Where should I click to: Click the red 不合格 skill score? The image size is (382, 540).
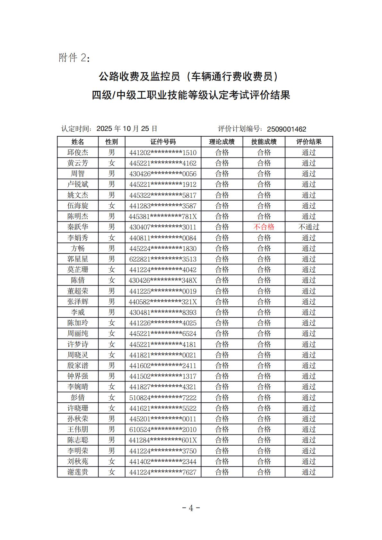tap(264, 227)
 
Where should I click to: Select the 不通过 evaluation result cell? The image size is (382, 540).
tap(309, 227)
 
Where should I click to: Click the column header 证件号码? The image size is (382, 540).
tap(163, 142)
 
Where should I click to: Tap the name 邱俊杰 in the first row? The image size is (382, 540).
tap(78, 152)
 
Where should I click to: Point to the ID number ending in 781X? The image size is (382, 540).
tap(163, 217)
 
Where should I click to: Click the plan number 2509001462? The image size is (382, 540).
tap(287, 129)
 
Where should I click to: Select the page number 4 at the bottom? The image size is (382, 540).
tap(191, 508)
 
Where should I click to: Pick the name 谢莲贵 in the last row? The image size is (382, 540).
tap(78, 472)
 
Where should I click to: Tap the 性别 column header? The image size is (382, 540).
tap(111, 142)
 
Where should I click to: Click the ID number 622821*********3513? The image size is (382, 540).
tap(163, 259)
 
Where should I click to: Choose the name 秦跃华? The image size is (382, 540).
tap(78, 227)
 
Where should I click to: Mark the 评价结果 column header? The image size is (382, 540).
tap(309, 142)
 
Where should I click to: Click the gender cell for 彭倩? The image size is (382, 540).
tap(111, 398)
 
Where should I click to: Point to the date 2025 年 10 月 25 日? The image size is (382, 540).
tap(127, 129)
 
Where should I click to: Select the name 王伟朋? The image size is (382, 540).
tap(78, 429)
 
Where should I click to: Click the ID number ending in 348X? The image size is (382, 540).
tap(163, 280)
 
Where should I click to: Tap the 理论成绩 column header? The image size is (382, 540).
tap(222, 142)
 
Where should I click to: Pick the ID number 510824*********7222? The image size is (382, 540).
tap(163, 398)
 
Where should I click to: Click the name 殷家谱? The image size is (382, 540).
tap(78, 365)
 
